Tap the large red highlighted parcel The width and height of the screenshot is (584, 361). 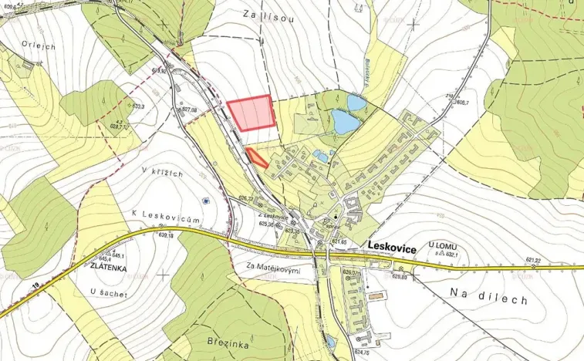pos(251,113)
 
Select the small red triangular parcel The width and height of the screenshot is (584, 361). pos(258,157)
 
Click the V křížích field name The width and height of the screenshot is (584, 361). pos(162,174)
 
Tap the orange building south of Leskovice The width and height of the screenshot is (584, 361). pos(375,295)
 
